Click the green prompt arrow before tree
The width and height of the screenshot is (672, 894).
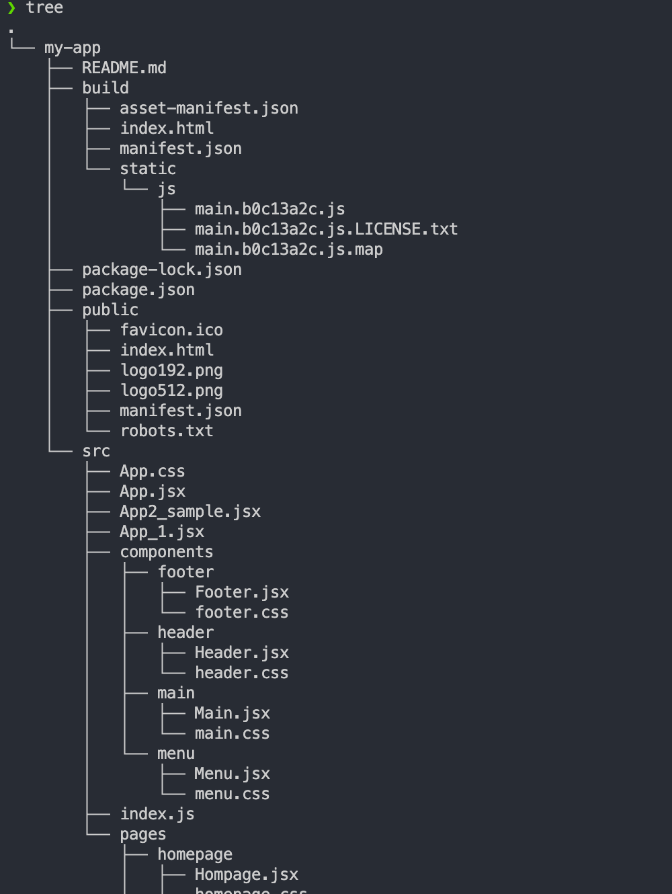tap(11, 8)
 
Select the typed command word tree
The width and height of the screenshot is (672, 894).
tap(44, 8)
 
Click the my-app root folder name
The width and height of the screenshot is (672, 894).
tap(72, 48)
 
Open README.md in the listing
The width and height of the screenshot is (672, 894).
tap(124, 68)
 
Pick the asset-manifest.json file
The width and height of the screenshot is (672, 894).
tap(209, 108)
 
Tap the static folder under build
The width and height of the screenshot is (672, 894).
tap(148, 169)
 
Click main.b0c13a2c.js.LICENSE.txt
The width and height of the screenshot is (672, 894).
tap(326, 229)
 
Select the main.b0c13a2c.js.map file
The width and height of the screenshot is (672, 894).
tap(289, 249)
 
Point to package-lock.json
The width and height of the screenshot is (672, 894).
tap(162, 270)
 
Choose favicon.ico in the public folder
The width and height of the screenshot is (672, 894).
tap(171, 330)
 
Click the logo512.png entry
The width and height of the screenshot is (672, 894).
tap(171, 391)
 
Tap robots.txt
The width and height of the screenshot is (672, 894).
tap(167, 431)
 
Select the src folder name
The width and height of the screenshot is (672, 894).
tap(96, 451)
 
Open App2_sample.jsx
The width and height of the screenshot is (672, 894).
tap(190, 512)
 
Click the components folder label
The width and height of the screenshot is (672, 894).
tap(167, 552)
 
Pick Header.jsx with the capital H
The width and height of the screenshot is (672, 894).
tap(242, 653)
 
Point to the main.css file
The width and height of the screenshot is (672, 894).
tap(232, 733)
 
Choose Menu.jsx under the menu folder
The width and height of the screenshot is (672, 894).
tap(232, 774)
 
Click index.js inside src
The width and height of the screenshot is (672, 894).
tap(157, 814)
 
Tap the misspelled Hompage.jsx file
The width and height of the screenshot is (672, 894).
tap(247, 875)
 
